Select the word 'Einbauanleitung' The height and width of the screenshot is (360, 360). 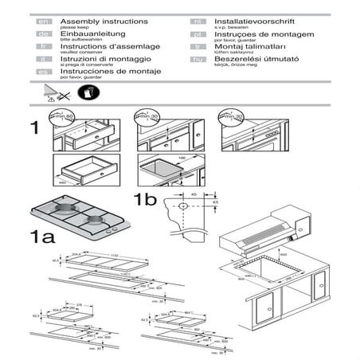86,35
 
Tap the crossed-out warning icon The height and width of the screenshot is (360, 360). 54,95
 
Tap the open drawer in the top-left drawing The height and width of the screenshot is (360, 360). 82,170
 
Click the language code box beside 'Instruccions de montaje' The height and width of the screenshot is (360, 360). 45,71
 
